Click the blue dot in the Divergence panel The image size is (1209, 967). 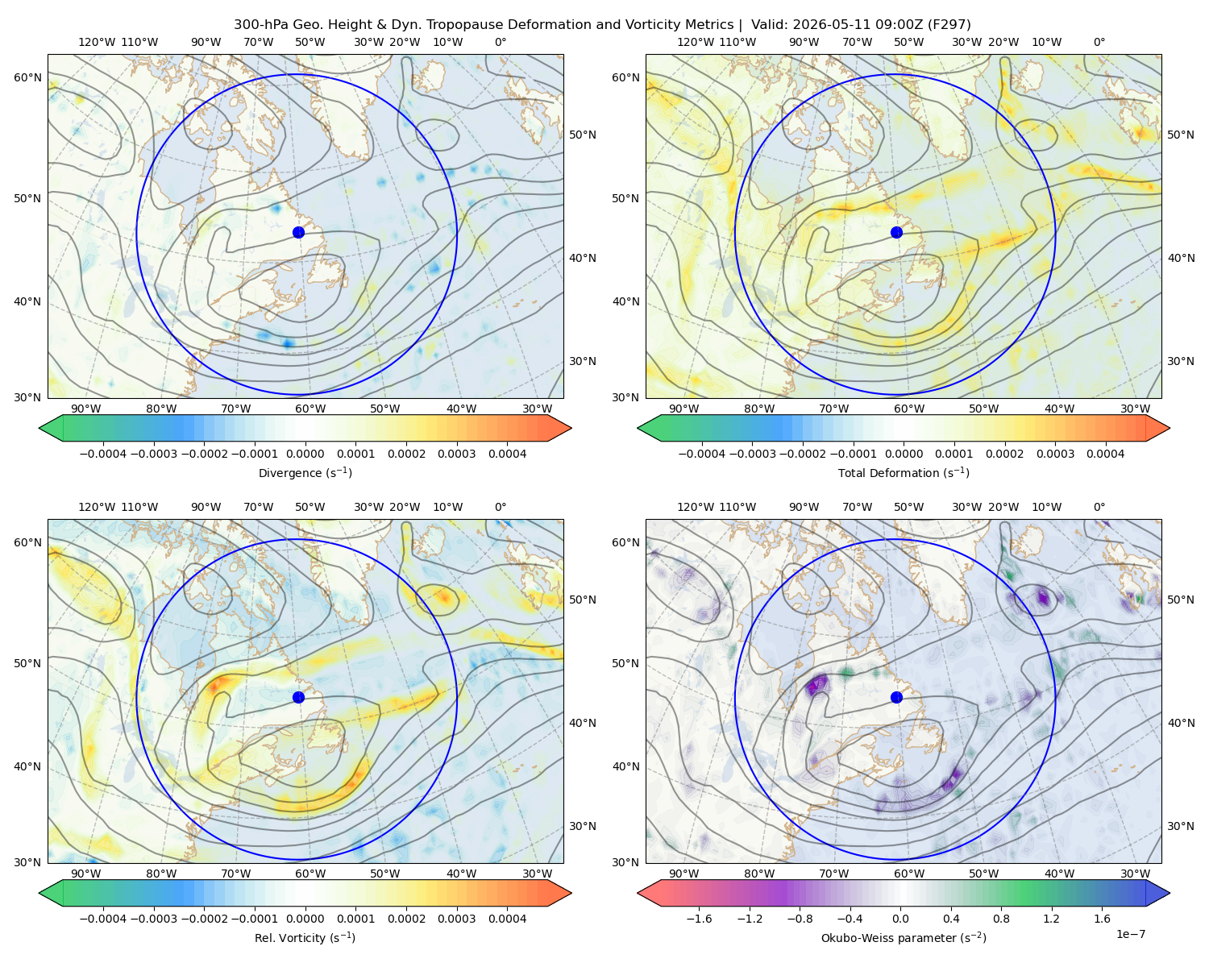pos(298,232)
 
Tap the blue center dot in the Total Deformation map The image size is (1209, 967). pos(896,232)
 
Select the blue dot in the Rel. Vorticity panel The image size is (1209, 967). pos(298,697)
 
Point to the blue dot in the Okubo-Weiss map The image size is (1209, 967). pos(896,697)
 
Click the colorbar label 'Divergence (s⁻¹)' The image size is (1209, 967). pos(305,472)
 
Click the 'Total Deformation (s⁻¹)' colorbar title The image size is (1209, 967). pos(904,472)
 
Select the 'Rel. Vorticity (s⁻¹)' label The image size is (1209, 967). pos(305,937)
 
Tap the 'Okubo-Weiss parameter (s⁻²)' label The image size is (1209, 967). pos(904,937)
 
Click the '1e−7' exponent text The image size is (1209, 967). pos(1130,934)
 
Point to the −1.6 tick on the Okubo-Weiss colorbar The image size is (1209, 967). pos(699,918)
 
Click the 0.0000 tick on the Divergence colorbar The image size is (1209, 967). pos(305,454)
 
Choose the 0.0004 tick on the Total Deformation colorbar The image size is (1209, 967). pos(1105,454)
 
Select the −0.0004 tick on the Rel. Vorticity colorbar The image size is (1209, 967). pos(103,918)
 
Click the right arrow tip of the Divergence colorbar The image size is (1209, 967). pos(571,428)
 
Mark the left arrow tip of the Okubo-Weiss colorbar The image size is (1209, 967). pos(638,893)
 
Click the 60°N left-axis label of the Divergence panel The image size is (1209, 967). pos(27,77)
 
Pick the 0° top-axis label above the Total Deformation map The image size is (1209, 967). pos(1099,42)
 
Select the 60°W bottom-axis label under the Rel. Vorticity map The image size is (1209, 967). pos(310,874)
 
